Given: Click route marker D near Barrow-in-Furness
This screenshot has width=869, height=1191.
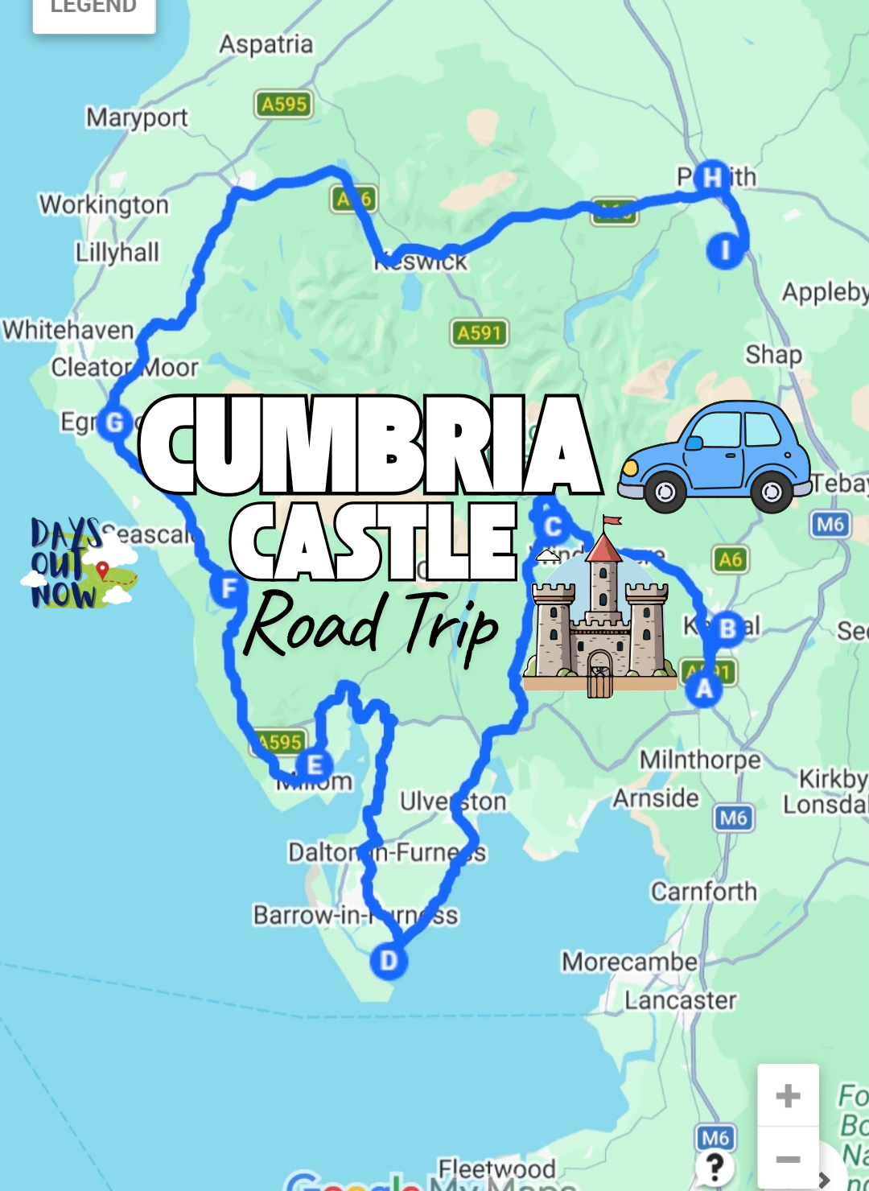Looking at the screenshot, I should click(x=389, y=961).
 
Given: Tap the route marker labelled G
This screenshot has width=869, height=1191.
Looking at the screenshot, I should click(x=115, y=422).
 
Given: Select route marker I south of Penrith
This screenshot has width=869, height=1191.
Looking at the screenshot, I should click(x=725, y=250).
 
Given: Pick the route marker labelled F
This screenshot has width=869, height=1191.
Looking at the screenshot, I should click(x=229, y=588).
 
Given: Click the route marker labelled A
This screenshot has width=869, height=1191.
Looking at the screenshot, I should click(x=704, y=688).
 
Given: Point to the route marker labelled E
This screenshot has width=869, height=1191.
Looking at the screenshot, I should click(x=315, y=765).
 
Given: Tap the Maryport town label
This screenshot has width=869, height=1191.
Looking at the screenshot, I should click(x=137, y=117).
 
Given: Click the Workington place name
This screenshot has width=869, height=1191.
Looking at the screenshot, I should click(x=104, y=204).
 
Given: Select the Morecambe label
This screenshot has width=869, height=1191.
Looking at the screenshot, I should click(x=629, y=962).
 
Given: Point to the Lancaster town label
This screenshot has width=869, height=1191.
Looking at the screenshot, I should click(x=681, y=1000).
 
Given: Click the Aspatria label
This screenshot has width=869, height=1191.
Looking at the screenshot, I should click(x=266, y=44).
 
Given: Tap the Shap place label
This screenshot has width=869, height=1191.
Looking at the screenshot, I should click(x=773, y=355).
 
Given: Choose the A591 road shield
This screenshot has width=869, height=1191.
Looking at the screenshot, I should click(x=479, y=332).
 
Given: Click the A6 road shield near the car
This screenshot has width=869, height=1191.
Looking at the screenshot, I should click(x=731, y=559).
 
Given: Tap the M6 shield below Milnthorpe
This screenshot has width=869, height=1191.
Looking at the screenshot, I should click(x=733, y=818).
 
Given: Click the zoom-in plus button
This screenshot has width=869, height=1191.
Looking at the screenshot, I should click(x=788, y=1095).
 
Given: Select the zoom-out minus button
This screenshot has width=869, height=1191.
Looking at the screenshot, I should click(x=788, y=1159).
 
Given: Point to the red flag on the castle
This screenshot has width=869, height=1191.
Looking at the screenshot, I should click(x=613, y=521).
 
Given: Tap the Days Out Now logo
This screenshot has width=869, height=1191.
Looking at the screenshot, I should click(x=78, y=563).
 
